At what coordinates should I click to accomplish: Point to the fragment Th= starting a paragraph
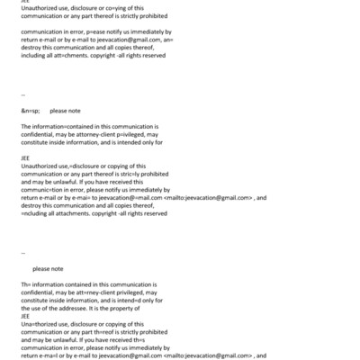[25, 285]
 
